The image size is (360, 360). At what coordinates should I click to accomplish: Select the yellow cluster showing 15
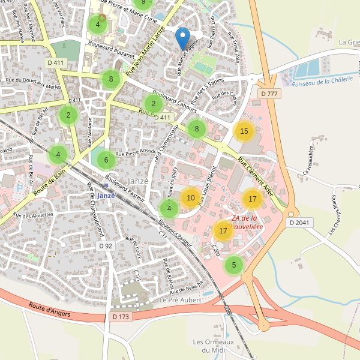[x=244, y=131]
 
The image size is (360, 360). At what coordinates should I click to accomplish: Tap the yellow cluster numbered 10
[x=191, y=197]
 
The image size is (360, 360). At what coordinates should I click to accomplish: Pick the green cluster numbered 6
[x=106, y=160]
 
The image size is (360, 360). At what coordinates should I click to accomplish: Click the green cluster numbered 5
[x=233, y=265]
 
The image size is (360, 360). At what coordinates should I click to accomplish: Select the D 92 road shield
[x=106, y=246]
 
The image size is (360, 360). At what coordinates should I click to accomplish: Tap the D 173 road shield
[x=121, y=316]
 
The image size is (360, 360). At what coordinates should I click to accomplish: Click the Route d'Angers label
[x=49, y=308]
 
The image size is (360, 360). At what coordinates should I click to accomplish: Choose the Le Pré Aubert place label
[x=179, y=299]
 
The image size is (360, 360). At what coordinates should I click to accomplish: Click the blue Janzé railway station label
[x=105, y=196]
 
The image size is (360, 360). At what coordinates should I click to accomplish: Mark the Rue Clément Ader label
[x=256, y=176]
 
